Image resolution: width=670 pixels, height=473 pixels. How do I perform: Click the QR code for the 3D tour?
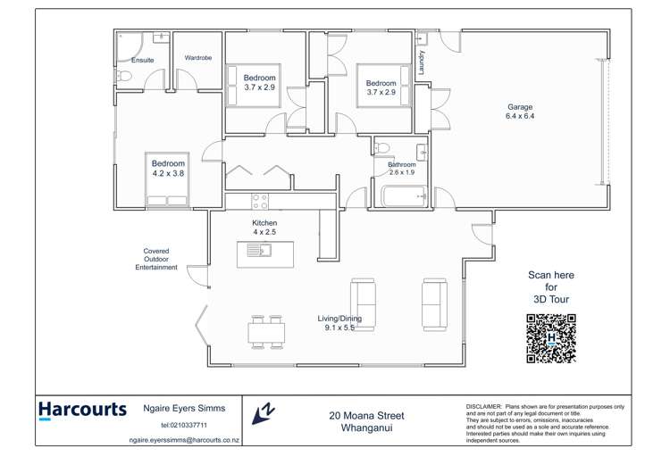pos(550,338)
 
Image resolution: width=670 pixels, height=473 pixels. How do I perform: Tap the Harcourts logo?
pos(82,411)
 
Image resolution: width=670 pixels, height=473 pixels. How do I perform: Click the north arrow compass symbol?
pos(263,413)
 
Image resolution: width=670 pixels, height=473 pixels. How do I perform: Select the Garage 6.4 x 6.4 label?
pos(519,112)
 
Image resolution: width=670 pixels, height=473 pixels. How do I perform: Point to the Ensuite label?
pos(143,61)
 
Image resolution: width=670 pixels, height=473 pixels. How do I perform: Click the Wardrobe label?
pos(198,58)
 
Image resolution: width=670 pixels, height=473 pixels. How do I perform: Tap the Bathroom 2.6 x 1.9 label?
pos(401,169)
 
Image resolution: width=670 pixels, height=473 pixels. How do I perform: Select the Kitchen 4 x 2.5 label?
pos(264,228)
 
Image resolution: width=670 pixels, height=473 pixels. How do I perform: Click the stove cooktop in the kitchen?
pos(260,202)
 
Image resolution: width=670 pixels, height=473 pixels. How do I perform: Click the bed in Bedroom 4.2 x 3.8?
pos(168,180)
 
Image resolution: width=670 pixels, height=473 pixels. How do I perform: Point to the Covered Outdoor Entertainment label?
pos(156,259)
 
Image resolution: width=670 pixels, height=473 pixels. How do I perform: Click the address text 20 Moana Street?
pos(366,416)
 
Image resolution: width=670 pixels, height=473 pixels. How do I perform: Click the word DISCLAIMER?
pos(483,406)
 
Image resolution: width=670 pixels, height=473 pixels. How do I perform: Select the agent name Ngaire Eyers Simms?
pos(184,408)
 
